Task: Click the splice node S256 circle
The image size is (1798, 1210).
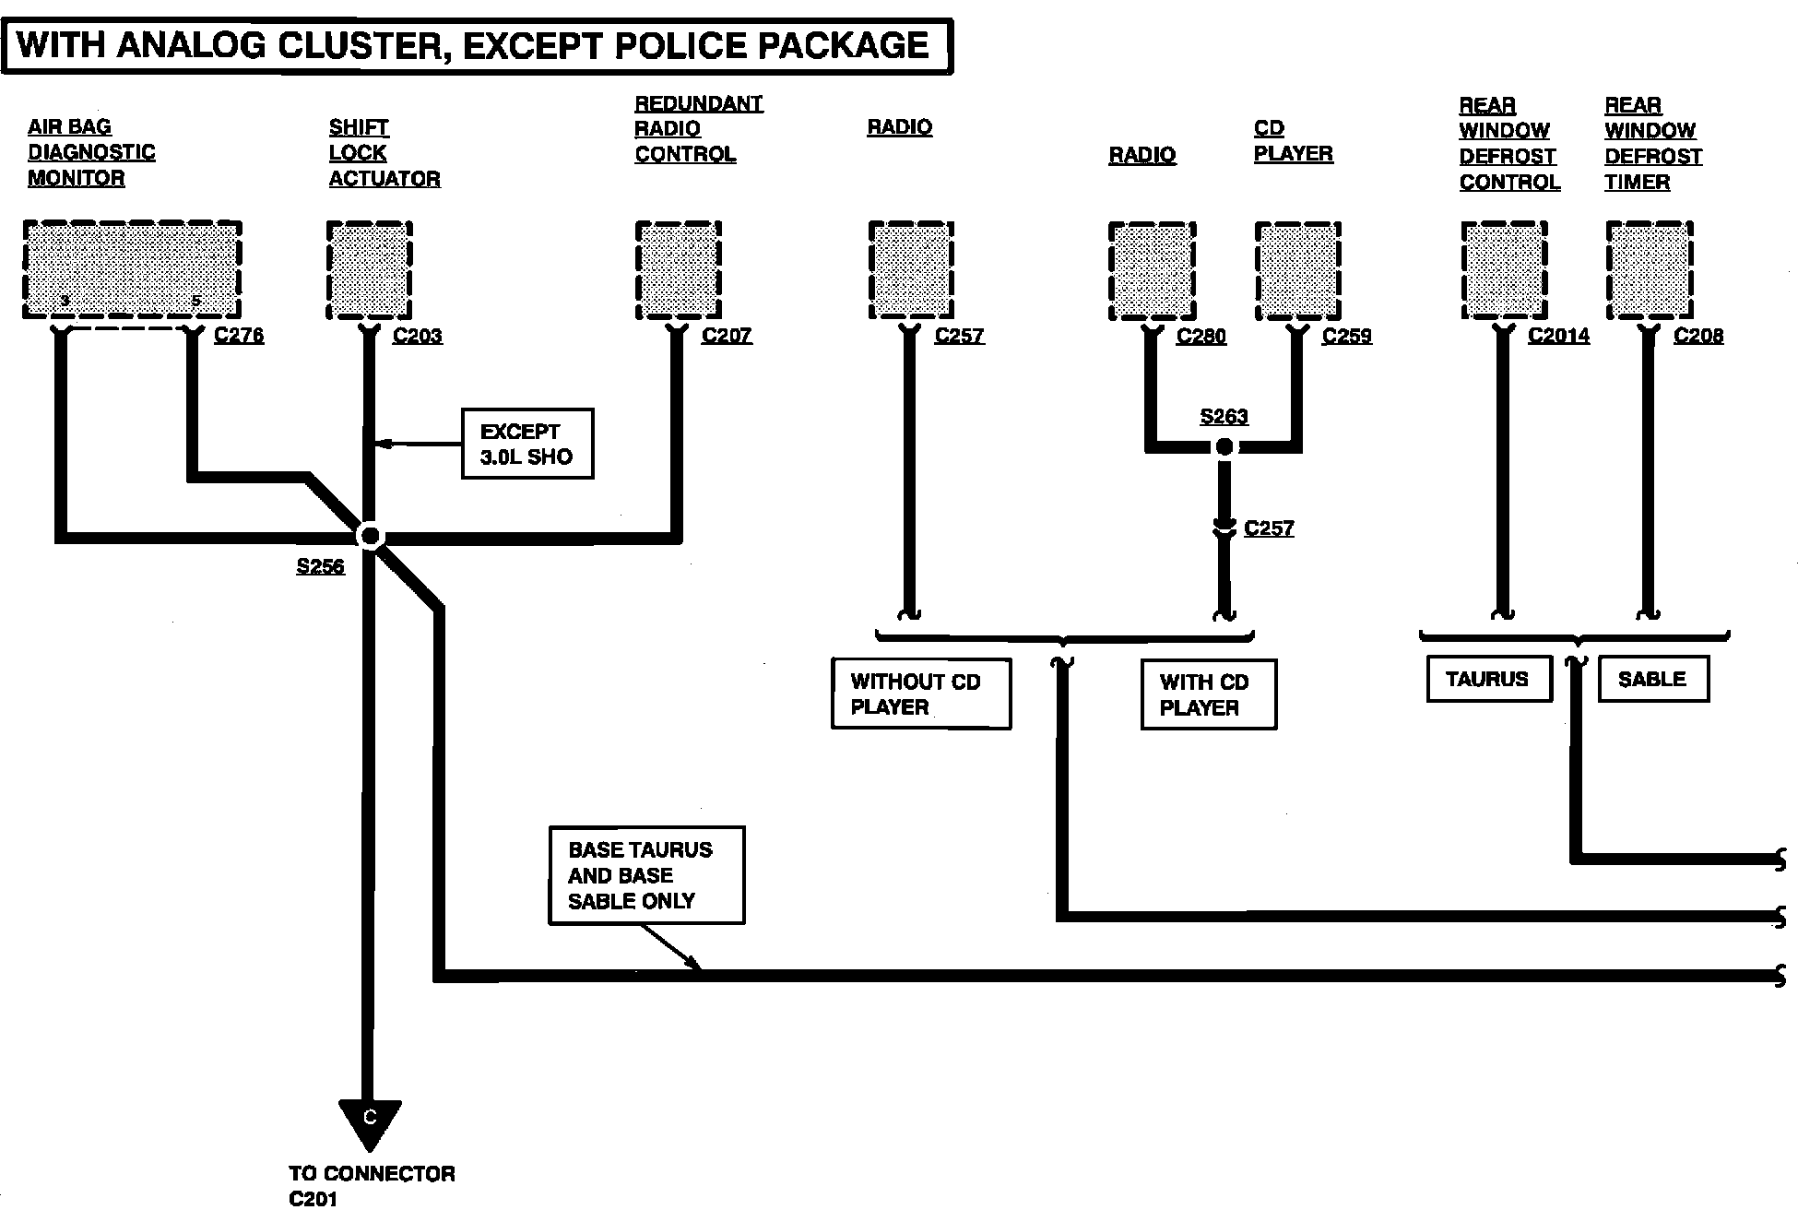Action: pos(370,535)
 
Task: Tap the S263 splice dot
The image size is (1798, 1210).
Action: pos(1224,447)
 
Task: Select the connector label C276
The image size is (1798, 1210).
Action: pos(239,335)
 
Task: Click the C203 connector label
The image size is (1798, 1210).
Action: pos(418,335)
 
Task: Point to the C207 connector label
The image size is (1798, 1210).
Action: pos(727,335)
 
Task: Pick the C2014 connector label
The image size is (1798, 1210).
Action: pos(1558,335)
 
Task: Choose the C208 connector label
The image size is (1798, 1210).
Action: pos(1698,335)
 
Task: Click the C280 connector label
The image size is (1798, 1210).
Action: pos(1201,335)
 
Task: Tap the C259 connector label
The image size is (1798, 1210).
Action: pos(1347,335)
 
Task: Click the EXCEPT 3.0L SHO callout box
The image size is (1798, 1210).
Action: pos(527,444)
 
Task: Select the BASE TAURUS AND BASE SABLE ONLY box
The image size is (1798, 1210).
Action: pos(646,875)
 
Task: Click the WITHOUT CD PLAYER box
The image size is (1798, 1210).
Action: pos(921,694)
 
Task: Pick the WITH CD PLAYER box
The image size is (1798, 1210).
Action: pos(1209,694)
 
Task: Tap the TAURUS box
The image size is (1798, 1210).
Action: pos(1489,679)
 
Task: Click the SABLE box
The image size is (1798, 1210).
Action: pos(1653,679)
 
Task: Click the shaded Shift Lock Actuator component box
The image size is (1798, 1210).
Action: pos(370,270)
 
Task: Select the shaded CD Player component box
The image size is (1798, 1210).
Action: pos(1298,270)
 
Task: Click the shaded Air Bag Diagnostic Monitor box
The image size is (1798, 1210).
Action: pos(133,270)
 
